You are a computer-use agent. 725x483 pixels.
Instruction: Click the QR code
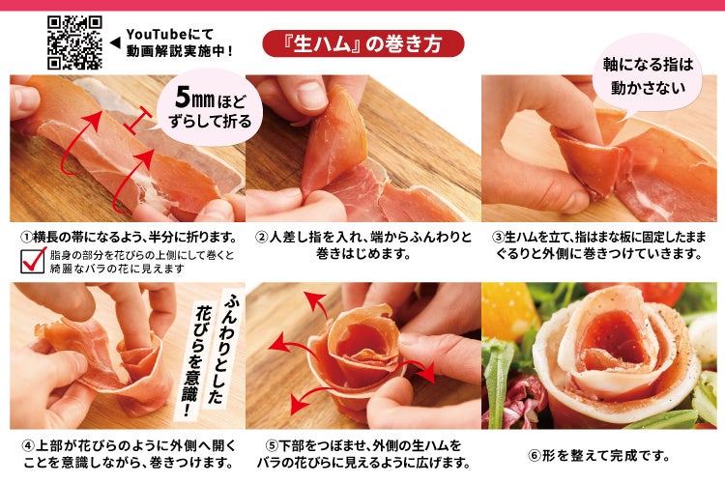point(74,43)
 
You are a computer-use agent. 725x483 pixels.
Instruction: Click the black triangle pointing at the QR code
point(115,43)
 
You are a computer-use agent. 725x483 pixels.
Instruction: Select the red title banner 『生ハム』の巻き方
point(362,43)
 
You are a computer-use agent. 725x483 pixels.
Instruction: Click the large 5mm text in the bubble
point(194,98)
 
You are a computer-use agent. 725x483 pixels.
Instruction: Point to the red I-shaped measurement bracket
point(138,120)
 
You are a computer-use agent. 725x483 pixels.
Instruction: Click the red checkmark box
point(33,260)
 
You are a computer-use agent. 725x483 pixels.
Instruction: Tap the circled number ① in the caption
point(26,238)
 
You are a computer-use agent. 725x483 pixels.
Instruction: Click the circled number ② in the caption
point(262,238)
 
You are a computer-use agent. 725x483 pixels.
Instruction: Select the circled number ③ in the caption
point(498,238)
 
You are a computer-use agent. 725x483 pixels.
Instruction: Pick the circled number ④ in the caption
point(28,446)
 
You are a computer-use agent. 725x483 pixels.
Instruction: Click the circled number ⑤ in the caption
point(272,446)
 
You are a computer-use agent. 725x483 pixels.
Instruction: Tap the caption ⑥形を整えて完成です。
point(599,456)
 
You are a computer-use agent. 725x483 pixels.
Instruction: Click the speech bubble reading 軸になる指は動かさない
point(648,75)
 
